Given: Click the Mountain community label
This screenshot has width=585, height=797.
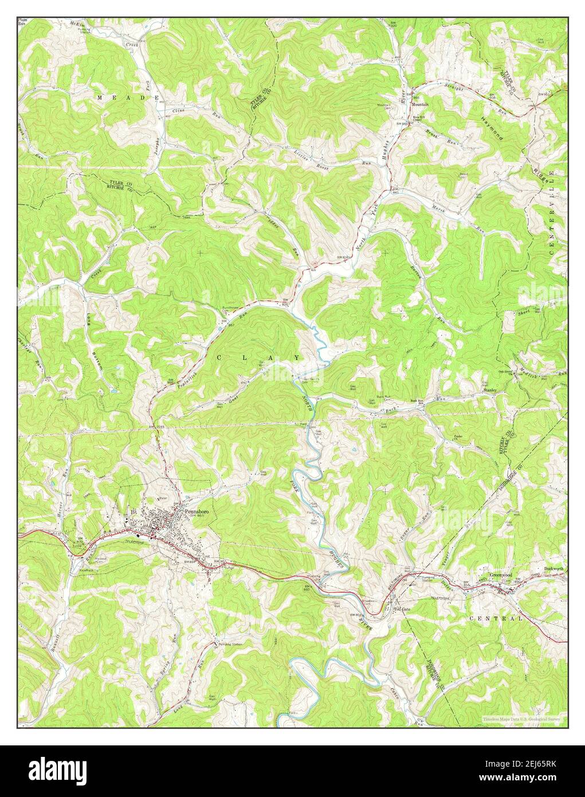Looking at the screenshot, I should pyautogui.click(x=421, y=105).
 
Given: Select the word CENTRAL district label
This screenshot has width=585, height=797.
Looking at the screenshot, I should pyautogui.click(x=496, y=619).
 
